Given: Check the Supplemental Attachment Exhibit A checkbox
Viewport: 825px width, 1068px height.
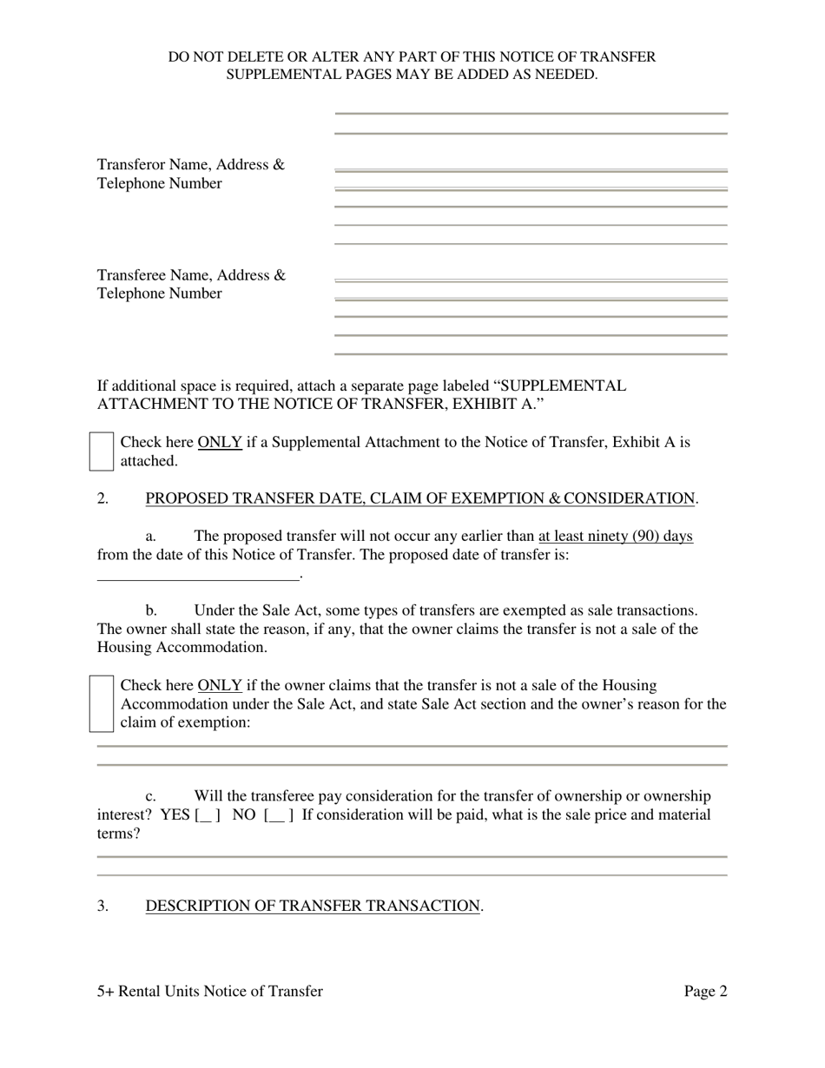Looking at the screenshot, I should [x=102, y=452].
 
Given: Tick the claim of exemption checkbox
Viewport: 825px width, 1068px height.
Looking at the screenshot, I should [x=102, y=703].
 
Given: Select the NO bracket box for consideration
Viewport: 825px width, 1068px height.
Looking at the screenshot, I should [x=278, y=815].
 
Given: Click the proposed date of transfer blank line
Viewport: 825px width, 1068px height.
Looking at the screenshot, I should [x=197, y=574].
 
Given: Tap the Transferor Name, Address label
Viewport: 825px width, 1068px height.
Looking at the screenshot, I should [x=190, y=165].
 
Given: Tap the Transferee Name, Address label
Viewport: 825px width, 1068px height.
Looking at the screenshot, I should [x=191, y=275].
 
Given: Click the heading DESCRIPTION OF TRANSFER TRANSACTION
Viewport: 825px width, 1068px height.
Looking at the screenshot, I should [x=312, y=906].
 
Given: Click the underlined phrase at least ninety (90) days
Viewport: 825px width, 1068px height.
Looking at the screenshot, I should [x=615, y=536].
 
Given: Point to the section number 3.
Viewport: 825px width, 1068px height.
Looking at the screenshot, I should [x=102, y=906].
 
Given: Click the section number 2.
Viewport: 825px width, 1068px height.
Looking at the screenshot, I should [x=102, y=498].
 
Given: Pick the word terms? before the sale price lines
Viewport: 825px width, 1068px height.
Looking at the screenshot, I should [x=118, y=834].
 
